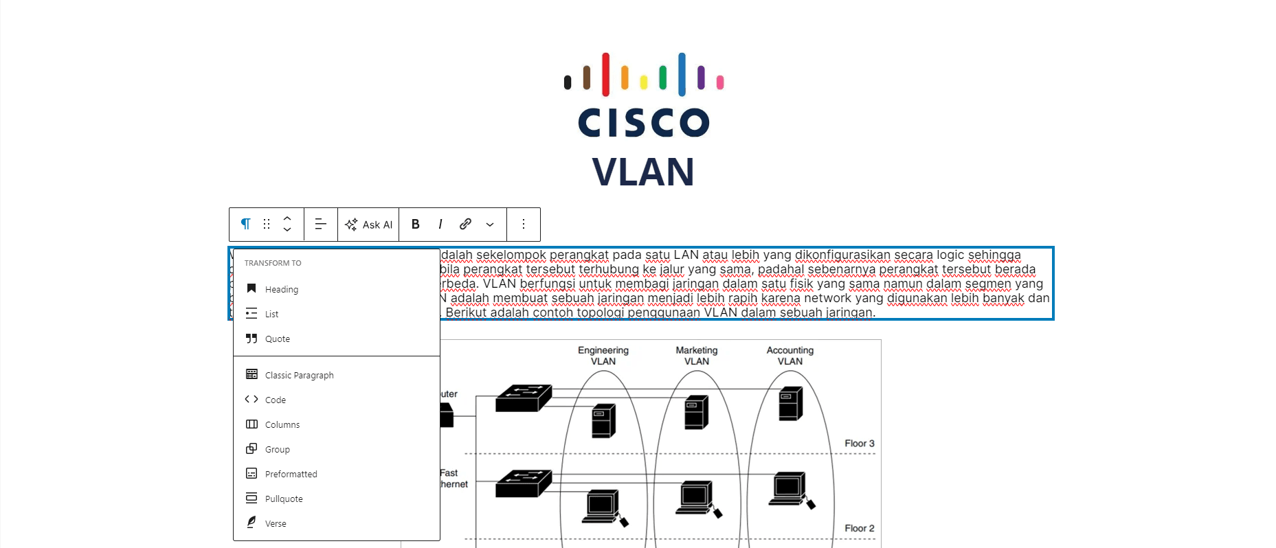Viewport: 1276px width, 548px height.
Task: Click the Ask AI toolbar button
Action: pyautogui.click(x=368, y=225)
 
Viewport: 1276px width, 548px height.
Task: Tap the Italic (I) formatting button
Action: pyautogui.click(x=440, y=225)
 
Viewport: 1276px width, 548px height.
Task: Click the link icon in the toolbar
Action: pyautogui.click(x=465, y=225)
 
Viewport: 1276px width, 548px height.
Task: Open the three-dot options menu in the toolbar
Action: pyautogui.click(x=524, y=225)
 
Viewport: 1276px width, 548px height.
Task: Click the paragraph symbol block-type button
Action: pyautogui.click(x=245, y=225)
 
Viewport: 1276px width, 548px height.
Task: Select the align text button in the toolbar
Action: pyautogui.click(x=320, y=225)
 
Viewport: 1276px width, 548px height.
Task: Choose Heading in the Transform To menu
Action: pyautogui.click(x=282, y=290)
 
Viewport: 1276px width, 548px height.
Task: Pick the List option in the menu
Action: pyautogui.click(x=272, y=315)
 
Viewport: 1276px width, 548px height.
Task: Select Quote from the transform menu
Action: pyautogui.click(x=278, y=339)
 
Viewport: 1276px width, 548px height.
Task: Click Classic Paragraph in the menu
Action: pyautogui.click(x=300, y=376)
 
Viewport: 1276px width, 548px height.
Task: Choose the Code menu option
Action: pyautogui.click(x=276, y=400)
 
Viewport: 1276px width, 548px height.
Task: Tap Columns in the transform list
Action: pyautogui.click(x=282, y=425)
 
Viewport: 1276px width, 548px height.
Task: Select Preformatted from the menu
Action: pyautogui.click(x=291, y=475)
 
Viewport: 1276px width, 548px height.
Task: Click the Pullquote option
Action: pyautogui.click(x=284, y=499)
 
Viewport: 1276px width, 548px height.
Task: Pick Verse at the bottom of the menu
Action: pyautogui.click(x=276, y=524)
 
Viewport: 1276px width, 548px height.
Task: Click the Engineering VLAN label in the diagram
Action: pyautogui.click(x=603, y=356)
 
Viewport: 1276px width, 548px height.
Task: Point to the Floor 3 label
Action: pyautogui.click(x=860, y=444)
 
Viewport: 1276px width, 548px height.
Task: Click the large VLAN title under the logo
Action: pyautogui.click(x=643, y=172)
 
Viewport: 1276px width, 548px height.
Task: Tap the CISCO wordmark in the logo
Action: pyautogui.click(x=643, y=123)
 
